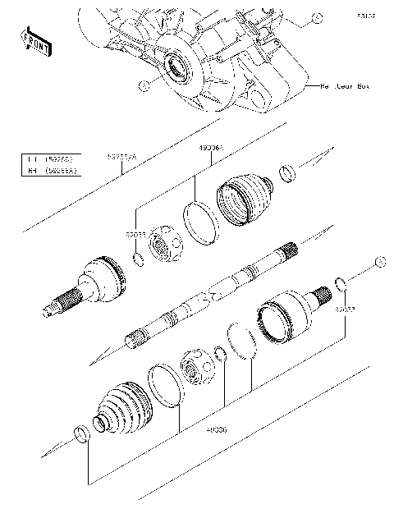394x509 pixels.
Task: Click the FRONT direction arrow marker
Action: click(32, 39)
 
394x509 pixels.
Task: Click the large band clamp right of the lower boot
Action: click(164, 385)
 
